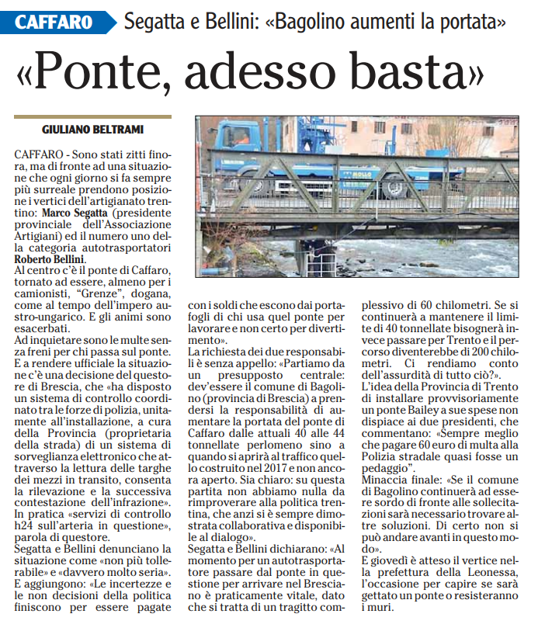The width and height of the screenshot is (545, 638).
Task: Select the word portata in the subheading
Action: click(x=468, y=21)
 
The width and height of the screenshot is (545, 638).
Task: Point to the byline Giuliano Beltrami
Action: click(x=92, y=130)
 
